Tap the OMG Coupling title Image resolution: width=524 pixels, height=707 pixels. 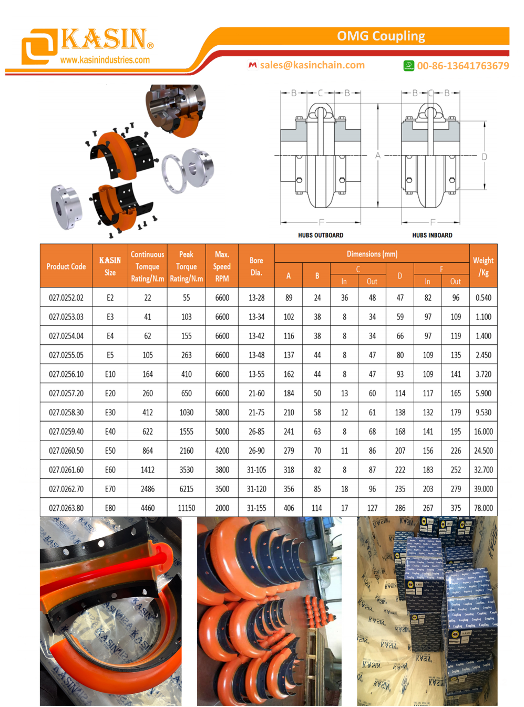381,36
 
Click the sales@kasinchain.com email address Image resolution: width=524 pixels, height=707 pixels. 312,65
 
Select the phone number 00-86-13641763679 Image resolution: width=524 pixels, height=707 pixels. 463,66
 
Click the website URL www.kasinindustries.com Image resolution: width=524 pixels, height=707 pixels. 105,60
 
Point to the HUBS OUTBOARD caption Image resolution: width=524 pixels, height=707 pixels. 321,235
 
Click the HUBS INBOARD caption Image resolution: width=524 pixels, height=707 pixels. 432,235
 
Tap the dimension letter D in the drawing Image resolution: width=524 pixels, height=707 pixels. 484,157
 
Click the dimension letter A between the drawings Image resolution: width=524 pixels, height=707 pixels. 377,156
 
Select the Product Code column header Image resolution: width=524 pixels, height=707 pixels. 66,267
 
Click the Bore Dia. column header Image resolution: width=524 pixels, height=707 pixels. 256,267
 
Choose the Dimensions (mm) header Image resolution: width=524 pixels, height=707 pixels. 372,254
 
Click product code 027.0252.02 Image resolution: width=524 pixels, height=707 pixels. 66,298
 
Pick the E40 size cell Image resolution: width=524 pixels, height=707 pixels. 110,432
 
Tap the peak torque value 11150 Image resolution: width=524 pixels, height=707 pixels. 187,508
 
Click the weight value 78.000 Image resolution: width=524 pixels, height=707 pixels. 483,508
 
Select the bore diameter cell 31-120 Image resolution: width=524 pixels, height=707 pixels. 256,489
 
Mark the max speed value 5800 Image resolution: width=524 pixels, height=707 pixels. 222,413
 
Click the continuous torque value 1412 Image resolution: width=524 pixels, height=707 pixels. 148,470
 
